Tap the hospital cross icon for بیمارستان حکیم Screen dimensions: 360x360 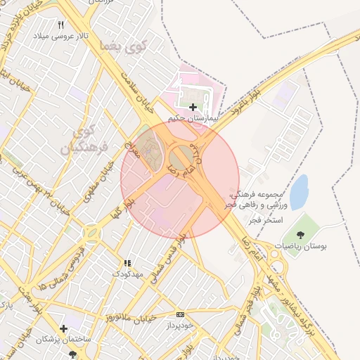(193, 107)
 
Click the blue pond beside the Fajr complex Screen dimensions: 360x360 (299, 191)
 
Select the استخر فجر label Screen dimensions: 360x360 (264, 220)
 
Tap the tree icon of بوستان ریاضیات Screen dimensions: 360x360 (302, 234)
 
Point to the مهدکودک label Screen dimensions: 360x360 (127, 273)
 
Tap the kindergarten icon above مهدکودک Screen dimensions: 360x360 (127, 262)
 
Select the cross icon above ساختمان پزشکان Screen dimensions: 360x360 (64, 328)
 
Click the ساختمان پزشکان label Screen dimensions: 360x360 (64, 340)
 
